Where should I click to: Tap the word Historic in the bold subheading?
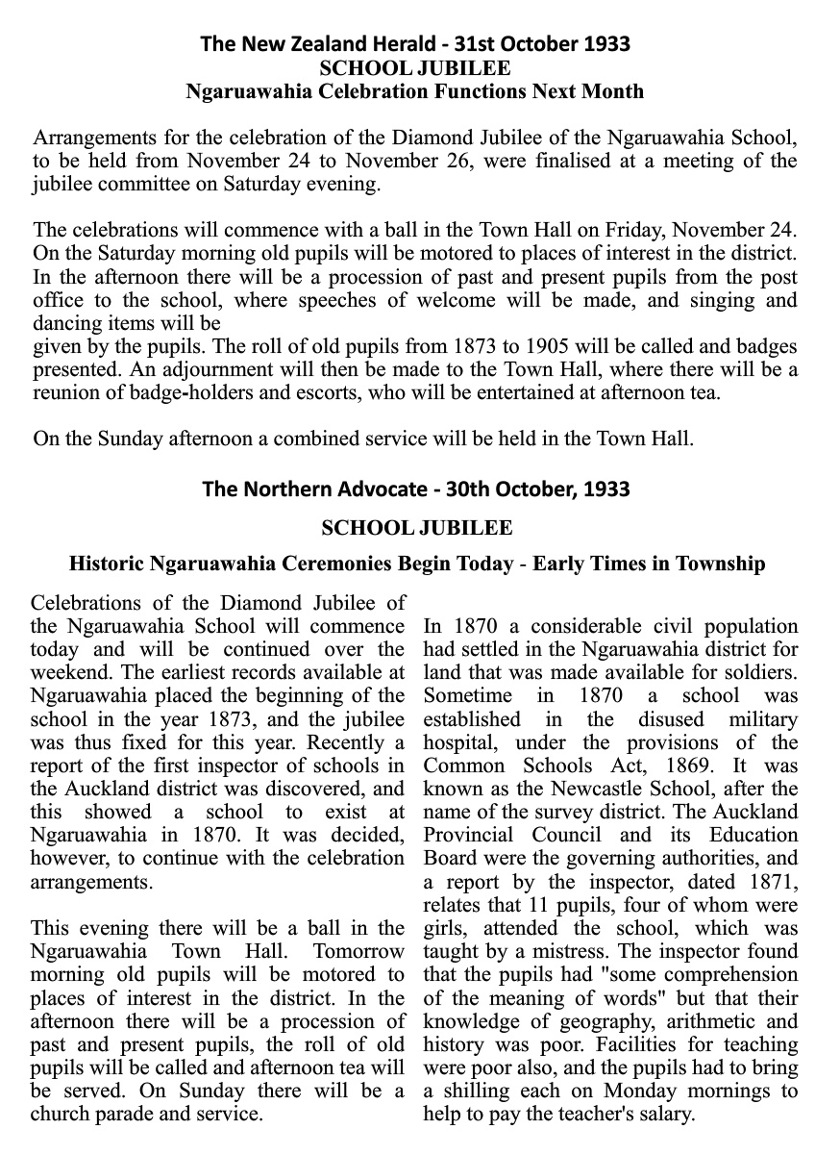click(107, 564)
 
